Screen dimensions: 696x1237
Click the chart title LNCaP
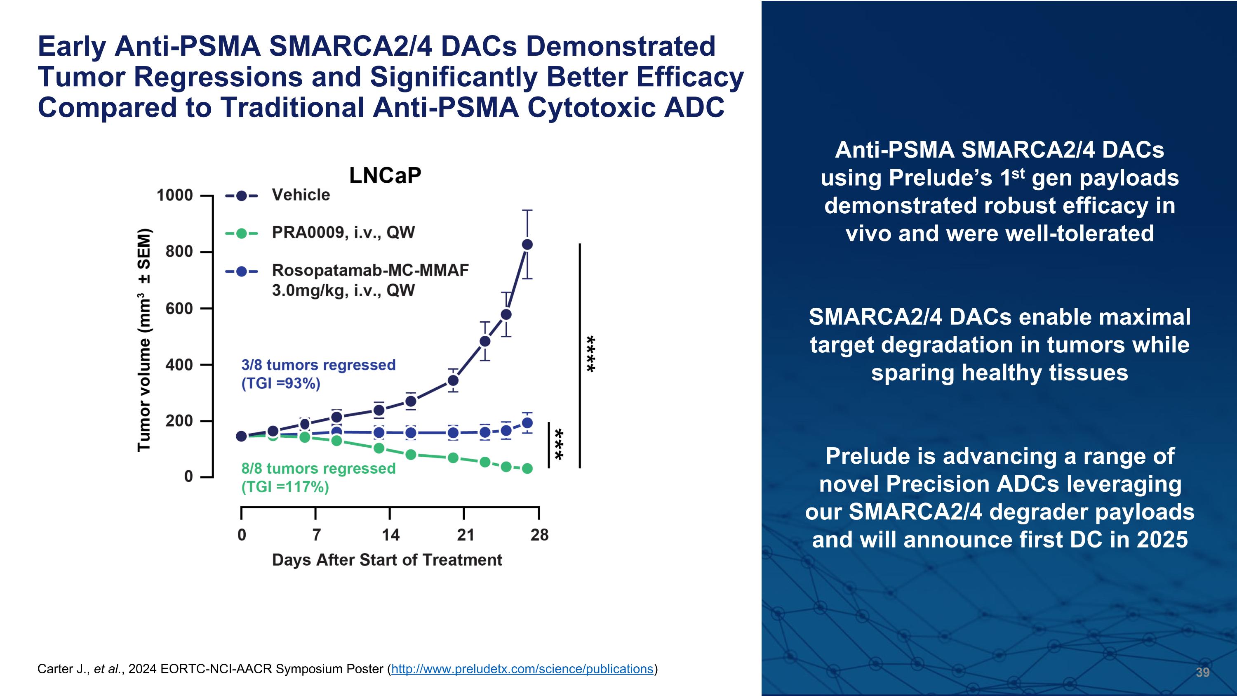[x=385, y=176]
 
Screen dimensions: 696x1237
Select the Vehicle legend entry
[x=300, y=195]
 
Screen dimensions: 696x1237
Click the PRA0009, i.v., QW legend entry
[x=343, y=232]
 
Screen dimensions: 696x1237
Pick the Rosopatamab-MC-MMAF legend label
[x=370, y=270]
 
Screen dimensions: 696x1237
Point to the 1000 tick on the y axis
[x=175, y=196]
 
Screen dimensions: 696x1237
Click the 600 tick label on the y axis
[x=179, y=308]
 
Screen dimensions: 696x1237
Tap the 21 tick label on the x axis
[x=465, y=535]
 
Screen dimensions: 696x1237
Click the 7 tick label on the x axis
[x=316, y=535]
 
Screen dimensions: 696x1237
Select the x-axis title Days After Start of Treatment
[x=387, y=560]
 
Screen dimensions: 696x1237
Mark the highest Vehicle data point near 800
[x=527, y=245]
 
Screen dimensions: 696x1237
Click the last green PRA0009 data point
[x=527, y=468]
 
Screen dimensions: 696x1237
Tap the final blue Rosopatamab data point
[x=527, y=423]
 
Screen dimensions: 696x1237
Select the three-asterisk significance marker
[x=558, y=444]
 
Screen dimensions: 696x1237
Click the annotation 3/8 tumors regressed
[x=318, y=365]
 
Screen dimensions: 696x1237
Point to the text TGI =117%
[x=285, y=487]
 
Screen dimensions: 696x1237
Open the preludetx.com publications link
[x=522, y=669]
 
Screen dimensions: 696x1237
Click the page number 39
[x=1202, y=672]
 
